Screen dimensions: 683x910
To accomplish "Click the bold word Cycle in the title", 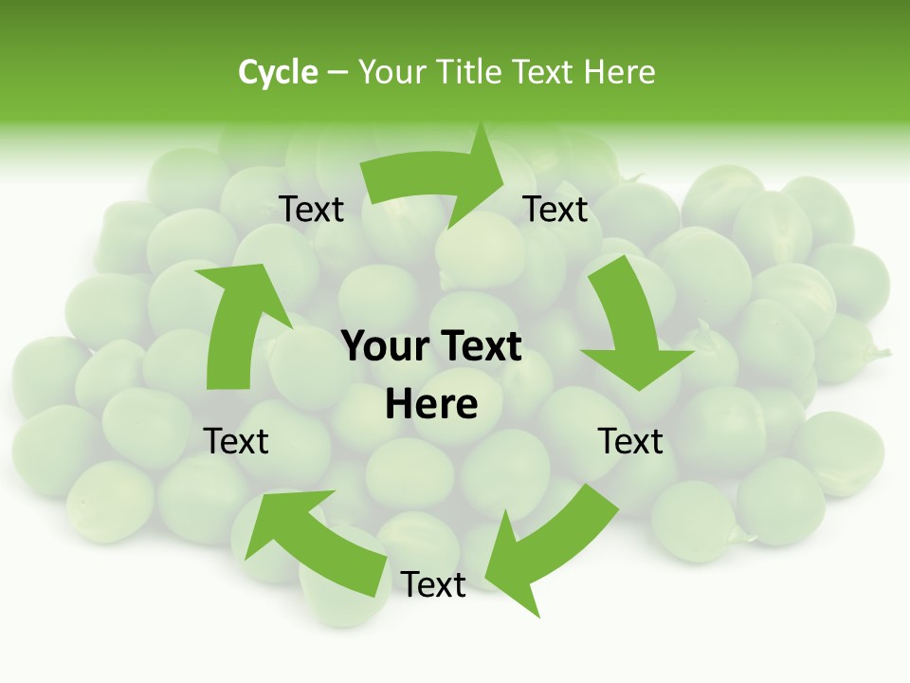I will coord(278,72).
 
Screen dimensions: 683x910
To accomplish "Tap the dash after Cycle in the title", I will coord(337,72).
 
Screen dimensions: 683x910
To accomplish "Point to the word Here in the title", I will coord(619,72).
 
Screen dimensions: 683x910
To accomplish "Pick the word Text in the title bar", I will coord(543,72).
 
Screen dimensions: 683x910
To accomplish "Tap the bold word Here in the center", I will coord(431,405).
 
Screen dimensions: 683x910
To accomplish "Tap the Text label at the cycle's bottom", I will coord(433,585).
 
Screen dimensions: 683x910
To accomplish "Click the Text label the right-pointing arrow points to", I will coord(555,210).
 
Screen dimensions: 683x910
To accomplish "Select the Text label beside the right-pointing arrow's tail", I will coord(311,210).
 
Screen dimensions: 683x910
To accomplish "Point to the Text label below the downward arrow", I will coord(630,441).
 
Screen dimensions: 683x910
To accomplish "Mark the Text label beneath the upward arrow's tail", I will coord(236,441).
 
